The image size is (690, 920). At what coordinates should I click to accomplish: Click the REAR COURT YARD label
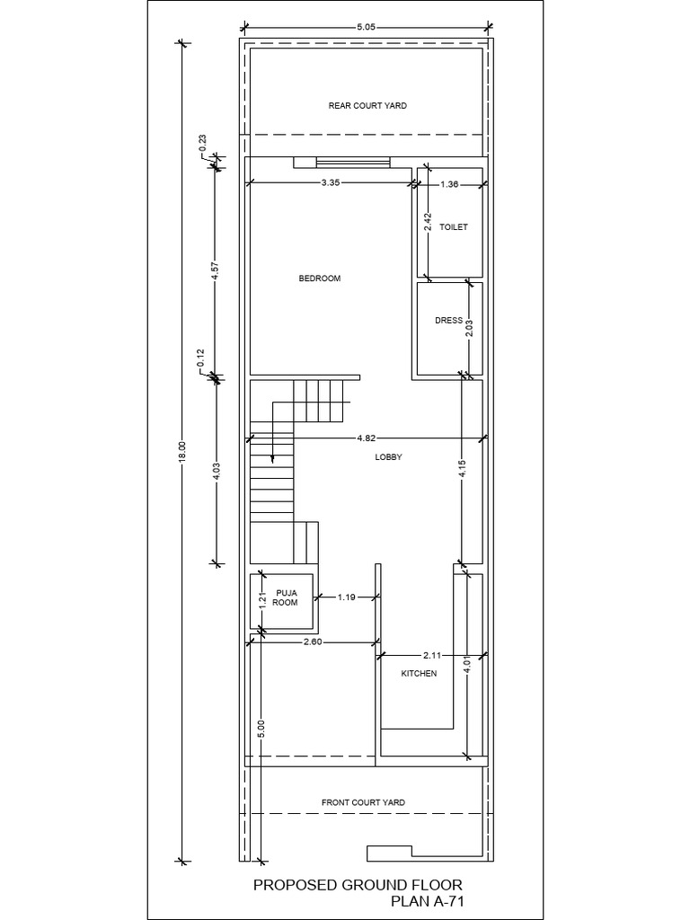pyautogui.click(x=367, y=106)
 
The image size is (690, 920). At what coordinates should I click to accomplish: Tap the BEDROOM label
pyautogui.click(x=320, y=279)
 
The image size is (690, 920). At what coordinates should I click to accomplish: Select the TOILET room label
pyautogui.click(x=454, y=228)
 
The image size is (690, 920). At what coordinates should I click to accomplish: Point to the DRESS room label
pyautogui.click(x=448, y=321)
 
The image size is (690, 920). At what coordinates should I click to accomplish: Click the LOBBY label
pyautogui.click(x=388, y=457)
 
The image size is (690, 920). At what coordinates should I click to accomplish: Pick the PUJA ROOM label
pyautogui.click(x=285, y=597)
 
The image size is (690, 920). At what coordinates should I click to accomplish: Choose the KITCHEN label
pyautogui.click(x=419, y=673)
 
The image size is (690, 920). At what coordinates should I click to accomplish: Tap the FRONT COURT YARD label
pyautogui.click(x=363, y=802)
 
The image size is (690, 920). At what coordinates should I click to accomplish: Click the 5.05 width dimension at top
pyautogui.click(x=365, y=28)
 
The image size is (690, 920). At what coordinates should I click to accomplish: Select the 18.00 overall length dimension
pyautogui.click(x=182, y=451)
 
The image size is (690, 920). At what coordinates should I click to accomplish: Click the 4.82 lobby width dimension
pyautogui.click(x=366, y=438)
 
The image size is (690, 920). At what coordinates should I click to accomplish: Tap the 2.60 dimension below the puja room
pyautogui.click(x=314, y=642)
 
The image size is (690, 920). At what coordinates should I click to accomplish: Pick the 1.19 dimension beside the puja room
pyautogui.click(x=348, y=597)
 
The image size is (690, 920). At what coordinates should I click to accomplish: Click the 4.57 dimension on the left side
pyautogui.click(x=215, y=270)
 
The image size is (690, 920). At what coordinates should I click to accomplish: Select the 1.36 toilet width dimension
pyautogui.click(x=450, y=185)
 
